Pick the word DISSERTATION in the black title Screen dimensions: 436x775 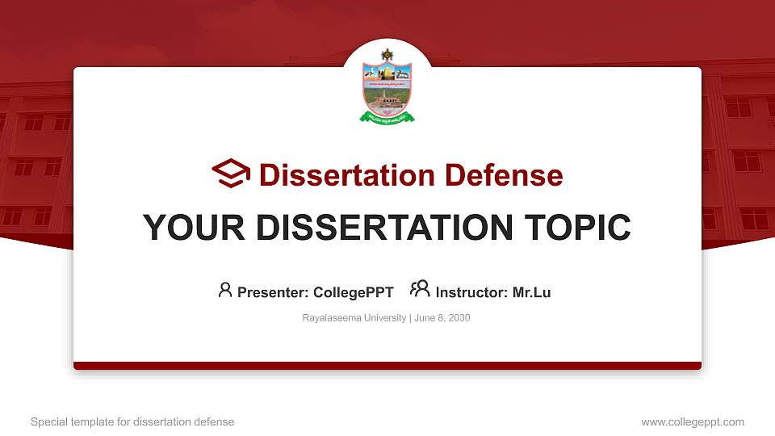point(379,228)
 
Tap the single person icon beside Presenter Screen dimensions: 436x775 point(225,290)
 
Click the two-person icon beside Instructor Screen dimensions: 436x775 point(420,289)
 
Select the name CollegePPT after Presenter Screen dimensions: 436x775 point(353,292)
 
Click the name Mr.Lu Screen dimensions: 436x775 point(531,292)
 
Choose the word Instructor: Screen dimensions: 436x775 point(471,292)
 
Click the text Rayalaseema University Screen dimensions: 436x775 point(354,318)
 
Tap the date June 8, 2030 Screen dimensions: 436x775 point(442,318)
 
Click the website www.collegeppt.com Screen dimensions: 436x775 point(692,421)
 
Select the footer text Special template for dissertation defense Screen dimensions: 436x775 point(132,421)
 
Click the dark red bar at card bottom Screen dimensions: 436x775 point(387,366)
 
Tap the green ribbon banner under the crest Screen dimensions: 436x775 point(387,118)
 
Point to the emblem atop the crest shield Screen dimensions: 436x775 point(387,55)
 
